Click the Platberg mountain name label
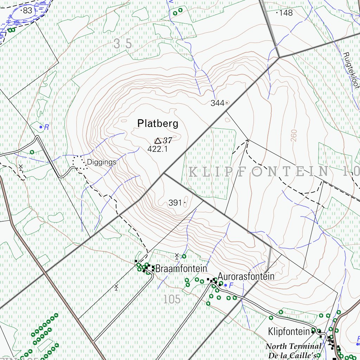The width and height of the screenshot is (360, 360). click(x=158, y=124)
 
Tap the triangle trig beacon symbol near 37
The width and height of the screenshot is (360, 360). click(x=158, y=141)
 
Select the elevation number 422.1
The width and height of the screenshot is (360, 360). click(x=157, y=149)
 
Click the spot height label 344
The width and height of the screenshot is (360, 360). click(x=218, y=103)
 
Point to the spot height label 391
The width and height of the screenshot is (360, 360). click(x=175, y=203)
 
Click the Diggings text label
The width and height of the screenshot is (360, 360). click(x=101, y=162)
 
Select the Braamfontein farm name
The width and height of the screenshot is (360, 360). click(x=181, y=269)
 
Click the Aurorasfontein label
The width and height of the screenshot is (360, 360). click(x=246, y=276)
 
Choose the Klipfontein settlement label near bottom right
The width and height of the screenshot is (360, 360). click(x=289, y=332)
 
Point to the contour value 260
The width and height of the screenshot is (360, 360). click(x=294, y=136)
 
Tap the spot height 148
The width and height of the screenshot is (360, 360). click(x=285, y=13)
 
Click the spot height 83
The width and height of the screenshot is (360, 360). click(x=27, y=11)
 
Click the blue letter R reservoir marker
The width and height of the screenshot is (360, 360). click(x=46, y=127)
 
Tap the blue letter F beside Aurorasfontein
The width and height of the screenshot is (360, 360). click(x=231, y=285)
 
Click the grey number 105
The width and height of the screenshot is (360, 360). click(x=172, y=300)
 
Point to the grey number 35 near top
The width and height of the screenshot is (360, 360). click(x=123, y=44)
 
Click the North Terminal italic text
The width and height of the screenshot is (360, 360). click(x=293, y=347)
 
